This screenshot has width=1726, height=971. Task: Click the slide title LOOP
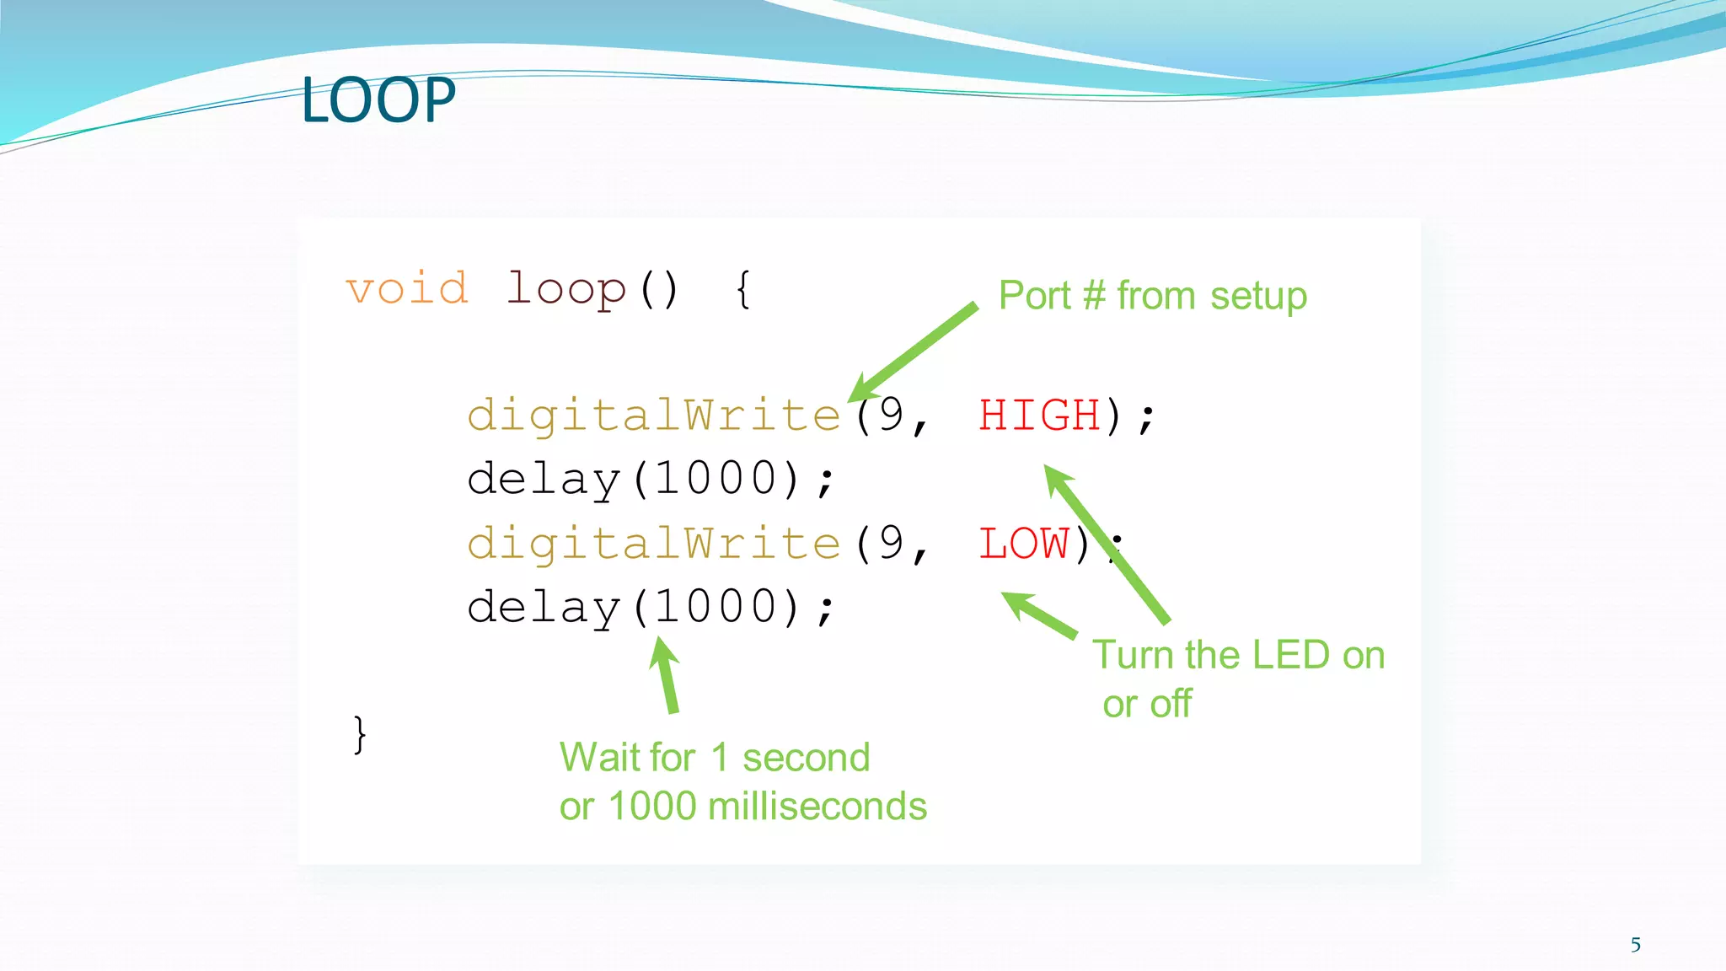tap(378, 100)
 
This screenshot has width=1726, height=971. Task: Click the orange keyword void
tap(407, 289)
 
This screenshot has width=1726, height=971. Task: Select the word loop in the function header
tap(566, 289)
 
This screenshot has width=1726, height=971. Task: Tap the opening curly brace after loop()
tap(742, 289)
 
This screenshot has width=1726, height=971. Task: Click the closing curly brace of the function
tap(359, 734)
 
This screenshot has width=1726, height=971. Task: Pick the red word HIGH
tap(1039, 416)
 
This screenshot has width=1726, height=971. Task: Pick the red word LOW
tap(1023, 544)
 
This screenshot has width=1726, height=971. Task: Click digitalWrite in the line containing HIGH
tap(654, 416)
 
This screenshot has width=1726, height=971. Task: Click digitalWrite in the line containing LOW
tap(654, 544)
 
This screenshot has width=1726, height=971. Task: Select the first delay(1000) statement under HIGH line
tap(650, 480)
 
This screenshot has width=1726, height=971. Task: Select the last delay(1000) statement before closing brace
tap(650, 608)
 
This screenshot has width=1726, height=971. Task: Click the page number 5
tap(1635, 945)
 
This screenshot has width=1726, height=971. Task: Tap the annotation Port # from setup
tap(1152, 296)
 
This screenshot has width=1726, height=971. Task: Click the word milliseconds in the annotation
tap(817, 807)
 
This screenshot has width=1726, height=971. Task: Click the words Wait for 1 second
tap(715, 757)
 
